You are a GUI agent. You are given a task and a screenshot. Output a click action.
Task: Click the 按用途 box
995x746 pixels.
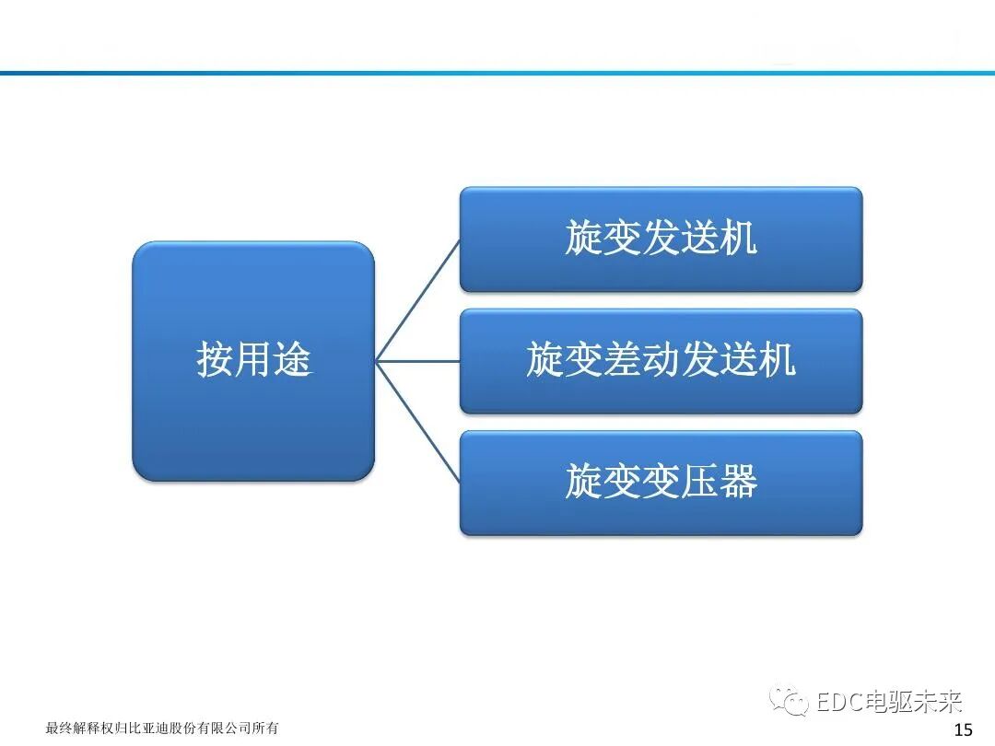click(x=253, y=361)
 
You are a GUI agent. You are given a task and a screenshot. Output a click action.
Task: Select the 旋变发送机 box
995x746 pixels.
click(x=661, y=239)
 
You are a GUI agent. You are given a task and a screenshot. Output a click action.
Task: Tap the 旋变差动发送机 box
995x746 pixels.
click(x=661, y=360)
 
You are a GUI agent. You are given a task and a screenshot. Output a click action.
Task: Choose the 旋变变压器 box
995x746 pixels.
click(x=661, y=482)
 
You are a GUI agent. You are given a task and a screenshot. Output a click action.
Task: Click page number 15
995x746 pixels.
click(x=963, y=730)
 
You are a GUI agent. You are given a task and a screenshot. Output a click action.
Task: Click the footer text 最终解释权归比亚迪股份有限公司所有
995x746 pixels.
click(x=162, y=729)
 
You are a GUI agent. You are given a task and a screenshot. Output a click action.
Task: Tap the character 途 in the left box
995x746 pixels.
click(x=293, y=359)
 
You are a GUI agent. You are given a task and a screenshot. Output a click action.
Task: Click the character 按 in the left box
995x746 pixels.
click(x=214, y=359)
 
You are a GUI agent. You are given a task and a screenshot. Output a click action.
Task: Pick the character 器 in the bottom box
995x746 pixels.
click(x=738, y=482)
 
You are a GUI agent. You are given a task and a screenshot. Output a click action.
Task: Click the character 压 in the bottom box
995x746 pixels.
click(x=699, y=482)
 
